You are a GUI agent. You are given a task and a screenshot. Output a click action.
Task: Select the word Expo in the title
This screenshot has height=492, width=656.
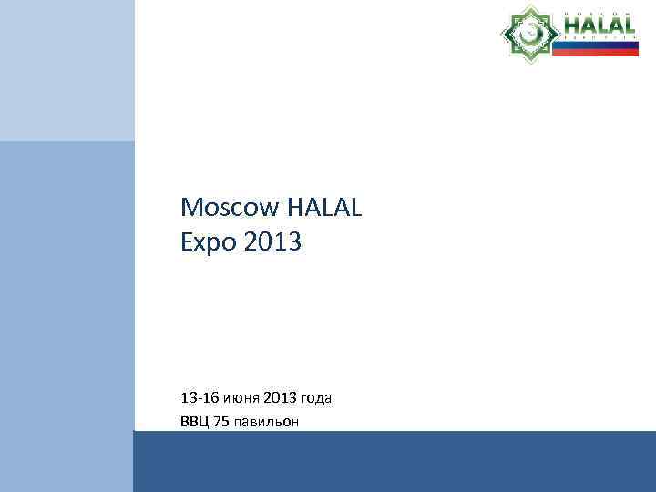point(209,243)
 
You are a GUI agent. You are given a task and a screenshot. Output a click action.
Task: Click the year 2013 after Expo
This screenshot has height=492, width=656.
point(273,243)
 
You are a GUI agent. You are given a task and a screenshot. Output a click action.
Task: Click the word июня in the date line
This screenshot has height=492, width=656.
point(242,398)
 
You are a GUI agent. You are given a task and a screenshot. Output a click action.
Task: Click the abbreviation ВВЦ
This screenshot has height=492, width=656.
point(194,421)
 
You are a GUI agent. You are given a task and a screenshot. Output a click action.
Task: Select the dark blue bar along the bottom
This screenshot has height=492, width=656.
point(394,461)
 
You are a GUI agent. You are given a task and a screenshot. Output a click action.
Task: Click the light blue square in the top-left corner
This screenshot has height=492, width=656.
point(67,70)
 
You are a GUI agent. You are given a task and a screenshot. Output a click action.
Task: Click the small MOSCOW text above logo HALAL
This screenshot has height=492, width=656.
point(599,12)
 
